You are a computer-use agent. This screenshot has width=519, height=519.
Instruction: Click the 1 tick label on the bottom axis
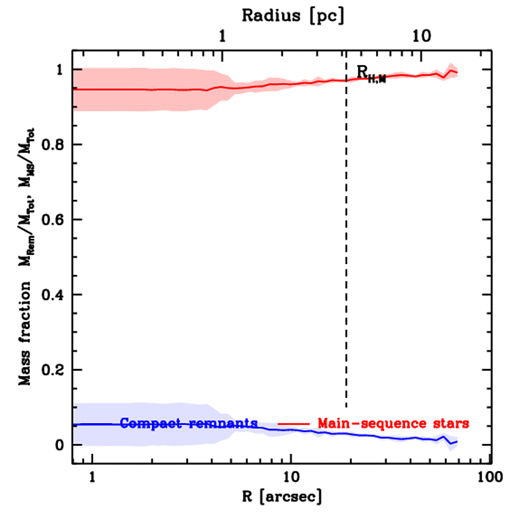(x=92, y=477)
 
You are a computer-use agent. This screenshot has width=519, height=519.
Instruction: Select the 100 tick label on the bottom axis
(x=490, y=477)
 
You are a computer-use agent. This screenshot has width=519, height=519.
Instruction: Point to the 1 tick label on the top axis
(x=222, y=35)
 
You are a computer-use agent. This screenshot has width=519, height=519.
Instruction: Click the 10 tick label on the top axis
(x=421, y=35)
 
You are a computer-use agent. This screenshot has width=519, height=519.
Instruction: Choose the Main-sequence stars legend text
(x=393, y=423)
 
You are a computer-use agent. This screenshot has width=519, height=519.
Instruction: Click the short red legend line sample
(x=293, y=423)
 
